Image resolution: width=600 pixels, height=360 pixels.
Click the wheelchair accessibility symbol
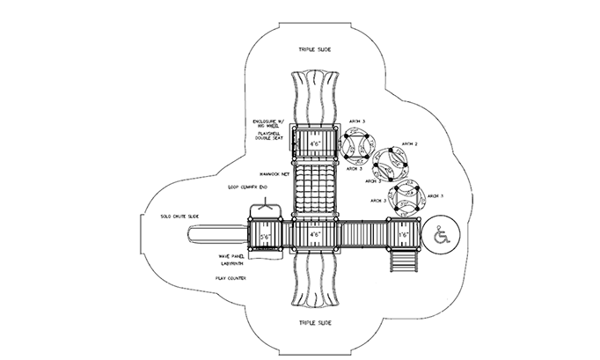point(443,235)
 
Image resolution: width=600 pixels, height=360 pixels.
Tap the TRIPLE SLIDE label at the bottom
point(314,323)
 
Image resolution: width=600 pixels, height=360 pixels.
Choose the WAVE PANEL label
point(230,256)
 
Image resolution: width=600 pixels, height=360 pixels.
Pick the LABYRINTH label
point(231,264)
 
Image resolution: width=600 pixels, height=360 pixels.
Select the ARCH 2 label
point(409,143)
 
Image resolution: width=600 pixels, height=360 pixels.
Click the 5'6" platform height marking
point(263,236)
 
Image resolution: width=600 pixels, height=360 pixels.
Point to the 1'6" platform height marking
point(404,236)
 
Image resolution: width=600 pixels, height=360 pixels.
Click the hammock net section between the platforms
point(314,188)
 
